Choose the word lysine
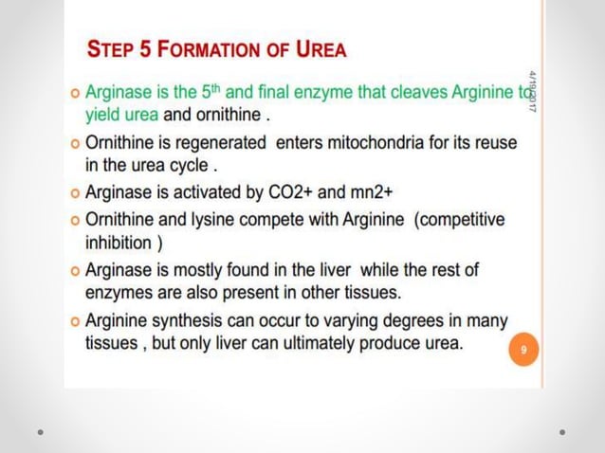coord(199,219)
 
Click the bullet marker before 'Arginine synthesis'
coord(75,321)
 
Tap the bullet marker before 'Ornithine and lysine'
coord(75,220)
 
